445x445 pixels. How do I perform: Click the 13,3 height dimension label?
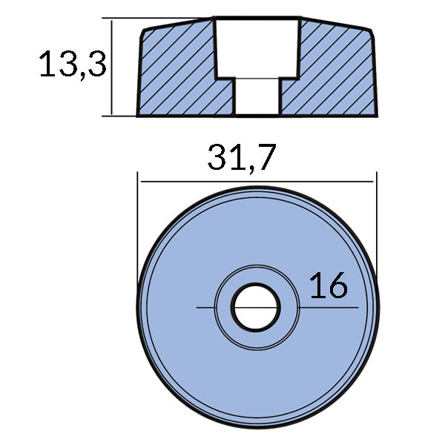point(73,65)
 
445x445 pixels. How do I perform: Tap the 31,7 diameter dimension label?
point(242,157)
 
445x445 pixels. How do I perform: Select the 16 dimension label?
point(328,285)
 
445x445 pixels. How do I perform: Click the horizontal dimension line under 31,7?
point(257,181)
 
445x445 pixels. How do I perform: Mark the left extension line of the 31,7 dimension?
point(139,222)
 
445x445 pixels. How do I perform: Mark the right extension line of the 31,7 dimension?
point(377,222)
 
